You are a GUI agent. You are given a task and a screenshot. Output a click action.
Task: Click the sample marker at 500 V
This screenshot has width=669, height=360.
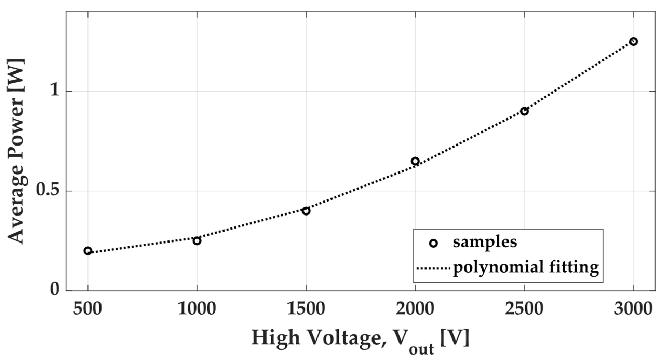point(88,251)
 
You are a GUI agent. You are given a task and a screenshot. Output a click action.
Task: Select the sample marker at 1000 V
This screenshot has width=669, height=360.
point(197,241)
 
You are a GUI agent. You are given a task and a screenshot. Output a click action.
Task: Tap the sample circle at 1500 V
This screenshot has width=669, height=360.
point(306,211)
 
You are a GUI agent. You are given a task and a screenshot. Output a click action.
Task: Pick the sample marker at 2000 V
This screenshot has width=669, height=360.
point(415,161)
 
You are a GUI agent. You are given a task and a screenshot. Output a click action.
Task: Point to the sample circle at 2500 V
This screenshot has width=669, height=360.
point(524,111)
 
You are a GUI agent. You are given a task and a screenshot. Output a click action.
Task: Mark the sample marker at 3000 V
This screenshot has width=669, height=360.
point(633,41)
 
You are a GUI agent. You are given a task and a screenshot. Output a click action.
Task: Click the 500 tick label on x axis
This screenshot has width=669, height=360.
point(87,309)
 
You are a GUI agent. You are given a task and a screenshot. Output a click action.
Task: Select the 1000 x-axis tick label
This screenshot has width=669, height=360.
point(197,309)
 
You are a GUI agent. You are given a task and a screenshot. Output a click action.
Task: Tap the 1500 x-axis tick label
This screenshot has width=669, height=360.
point(306,309)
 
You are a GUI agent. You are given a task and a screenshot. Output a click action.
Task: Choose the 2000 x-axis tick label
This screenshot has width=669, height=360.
point(415,309)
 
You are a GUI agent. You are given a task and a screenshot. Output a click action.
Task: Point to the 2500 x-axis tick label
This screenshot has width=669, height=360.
point(524,309)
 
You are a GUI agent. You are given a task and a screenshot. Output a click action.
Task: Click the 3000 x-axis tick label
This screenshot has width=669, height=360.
point(633,309)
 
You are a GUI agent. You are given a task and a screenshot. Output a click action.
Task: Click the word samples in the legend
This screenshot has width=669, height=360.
point(485,242)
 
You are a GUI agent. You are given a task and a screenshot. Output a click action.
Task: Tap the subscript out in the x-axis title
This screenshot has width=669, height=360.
point(421,349)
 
